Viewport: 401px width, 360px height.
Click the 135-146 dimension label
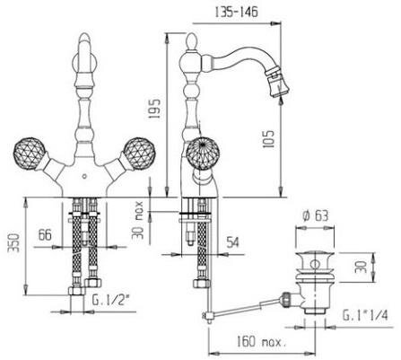236,13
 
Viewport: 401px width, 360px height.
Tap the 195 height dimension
154,109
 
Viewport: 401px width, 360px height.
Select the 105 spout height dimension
268,139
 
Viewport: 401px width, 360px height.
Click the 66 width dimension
45,235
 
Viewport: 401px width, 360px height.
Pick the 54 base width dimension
232,242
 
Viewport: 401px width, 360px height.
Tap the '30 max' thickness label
138,220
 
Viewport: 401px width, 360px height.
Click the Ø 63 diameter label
315,215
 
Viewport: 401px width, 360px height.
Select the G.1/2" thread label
111,300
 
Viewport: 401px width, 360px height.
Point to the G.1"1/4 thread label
365,315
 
